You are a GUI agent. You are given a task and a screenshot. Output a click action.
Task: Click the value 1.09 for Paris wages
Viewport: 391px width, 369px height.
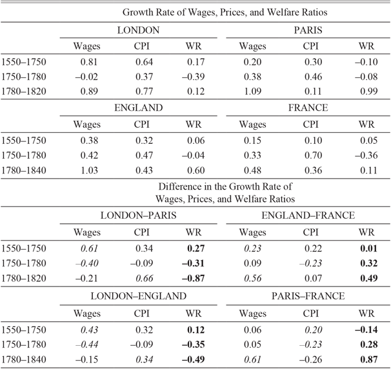252,91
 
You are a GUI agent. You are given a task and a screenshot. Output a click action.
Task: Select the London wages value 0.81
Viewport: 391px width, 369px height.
86,62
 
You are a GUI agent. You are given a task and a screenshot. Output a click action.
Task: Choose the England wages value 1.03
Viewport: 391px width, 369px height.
86,170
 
